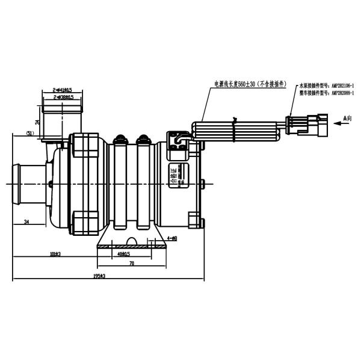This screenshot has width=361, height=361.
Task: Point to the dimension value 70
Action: click(x=131, y=264)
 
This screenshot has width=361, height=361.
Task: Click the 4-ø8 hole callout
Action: click(x=171, y=239)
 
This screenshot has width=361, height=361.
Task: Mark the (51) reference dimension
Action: click(x=29, y=133)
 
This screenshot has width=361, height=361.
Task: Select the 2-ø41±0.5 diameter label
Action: click(x=63, y=90)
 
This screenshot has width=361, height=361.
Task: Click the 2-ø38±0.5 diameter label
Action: click(x=63, y=97)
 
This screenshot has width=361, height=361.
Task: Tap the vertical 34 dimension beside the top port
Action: click(x=37, y=122)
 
